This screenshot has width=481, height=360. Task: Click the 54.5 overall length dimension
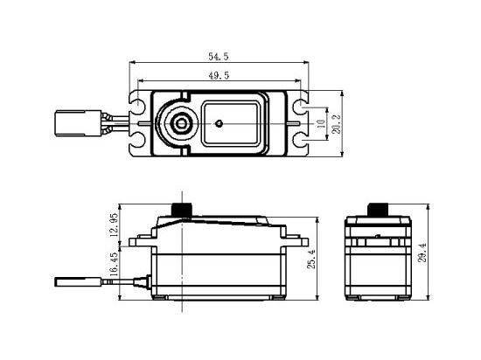(219, 56)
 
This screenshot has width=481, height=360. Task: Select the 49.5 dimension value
(219, 77)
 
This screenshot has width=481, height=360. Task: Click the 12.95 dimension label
(114, 229)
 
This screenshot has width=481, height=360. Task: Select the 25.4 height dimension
(311, 259)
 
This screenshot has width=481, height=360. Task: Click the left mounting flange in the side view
(141, 239)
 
